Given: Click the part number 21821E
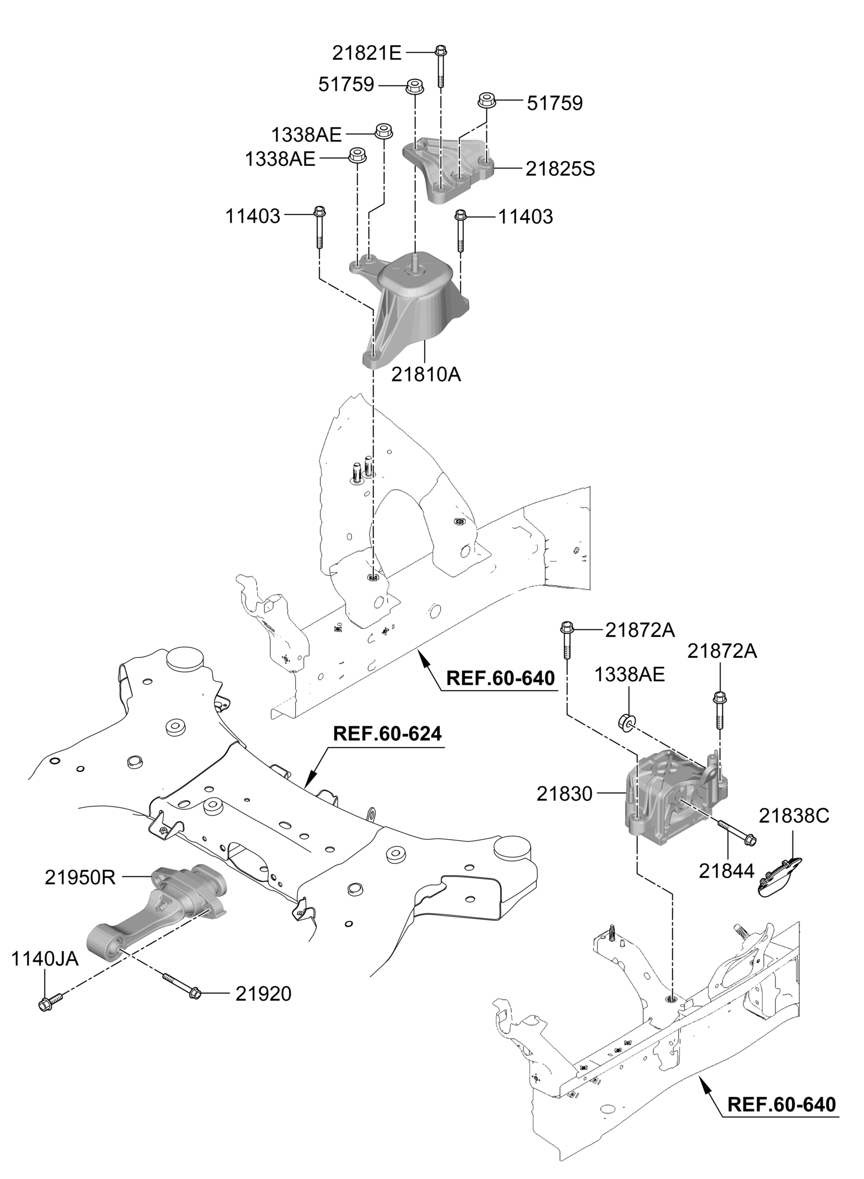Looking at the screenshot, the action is tap(367, 53).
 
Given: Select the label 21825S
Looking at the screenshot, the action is tap(560, 169).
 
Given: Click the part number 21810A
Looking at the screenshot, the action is tap(426, 375).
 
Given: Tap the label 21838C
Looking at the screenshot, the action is tap(794, 816).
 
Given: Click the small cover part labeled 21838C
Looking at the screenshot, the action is tap(780, 876).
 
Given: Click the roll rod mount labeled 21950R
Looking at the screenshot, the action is tap(157, 912).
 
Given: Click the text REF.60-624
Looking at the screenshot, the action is tap(388, 733).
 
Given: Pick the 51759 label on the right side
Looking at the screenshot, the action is tap(555, 103).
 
